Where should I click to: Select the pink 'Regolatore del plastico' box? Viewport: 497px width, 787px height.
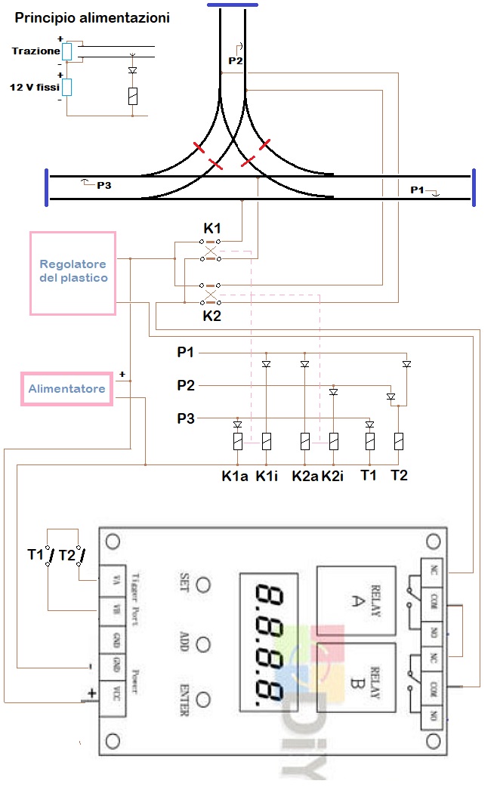click(x=73, y=273)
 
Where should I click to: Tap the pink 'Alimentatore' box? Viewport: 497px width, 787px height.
click(x=66, y=390)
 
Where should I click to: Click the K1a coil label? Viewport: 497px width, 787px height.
click(x=235, y=477)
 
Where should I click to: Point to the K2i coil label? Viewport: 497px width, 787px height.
click(x=334, y=477)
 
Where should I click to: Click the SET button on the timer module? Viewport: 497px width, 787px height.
click(x=202, y=585)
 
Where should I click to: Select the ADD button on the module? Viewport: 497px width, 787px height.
click(x=202, y=643)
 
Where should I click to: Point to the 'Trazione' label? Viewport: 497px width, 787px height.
click(x=35, y=51)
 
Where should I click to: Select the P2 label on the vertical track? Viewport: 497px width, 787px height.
click(x=236, y=60)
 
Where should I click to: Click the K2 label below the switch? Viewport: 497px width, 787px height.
click(x=212, y=316)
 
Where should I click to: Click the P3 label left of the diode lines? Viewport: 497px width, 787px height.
click(x=186, y=418)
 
